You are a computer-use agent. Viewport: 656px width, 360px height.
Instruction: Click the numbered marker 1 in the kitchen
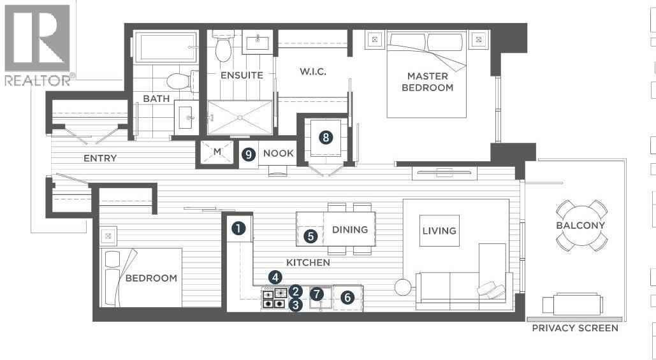point(238,229)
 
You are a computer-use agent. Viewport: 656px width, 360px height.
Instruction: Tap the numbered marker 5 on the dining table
point(310,236)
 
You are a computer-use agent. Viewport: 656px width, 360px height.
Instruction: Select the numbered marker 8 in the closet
point(326,138)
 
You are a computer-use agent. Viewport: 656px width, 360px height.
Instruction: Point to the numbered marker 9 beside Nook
point(249,155)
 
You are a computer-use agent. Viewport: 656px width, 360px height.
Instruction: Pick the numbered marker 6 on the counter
point(347,298)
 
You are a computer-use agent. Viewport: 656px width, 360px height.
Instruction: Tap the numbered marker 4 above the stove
point(275,277)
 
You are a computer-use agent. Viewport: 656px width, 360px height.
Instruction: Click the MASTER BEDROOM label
point(427,82)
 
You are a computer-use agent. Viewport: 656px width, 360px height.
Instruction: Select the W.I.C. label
point(313,71)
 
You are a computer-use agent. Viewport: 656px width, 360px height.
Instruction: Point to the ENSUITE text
point(242,75)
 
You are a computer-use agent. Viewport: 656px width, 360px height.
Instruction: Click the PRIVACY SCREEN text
point(575,328)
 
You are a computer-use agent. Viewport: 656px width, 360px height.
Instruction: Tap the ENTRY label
point(100,158)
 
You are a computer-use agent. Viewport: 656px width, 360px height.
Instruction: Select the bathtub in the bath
point(165,47)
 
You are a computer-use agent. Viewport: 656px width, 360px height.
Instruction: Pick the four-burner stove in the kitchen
point(274,299)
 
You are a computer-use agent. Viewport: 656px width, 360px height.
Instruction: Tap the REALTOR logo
point(38,44)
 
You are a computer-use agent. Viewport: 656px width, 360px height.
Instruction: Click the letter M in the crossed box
point(217,152)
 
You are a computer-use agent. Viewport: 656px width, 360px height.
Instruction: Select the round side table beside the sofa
point(404,287)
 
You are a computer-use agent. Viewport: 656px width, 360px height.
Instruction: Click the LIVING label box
point(439,231)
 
